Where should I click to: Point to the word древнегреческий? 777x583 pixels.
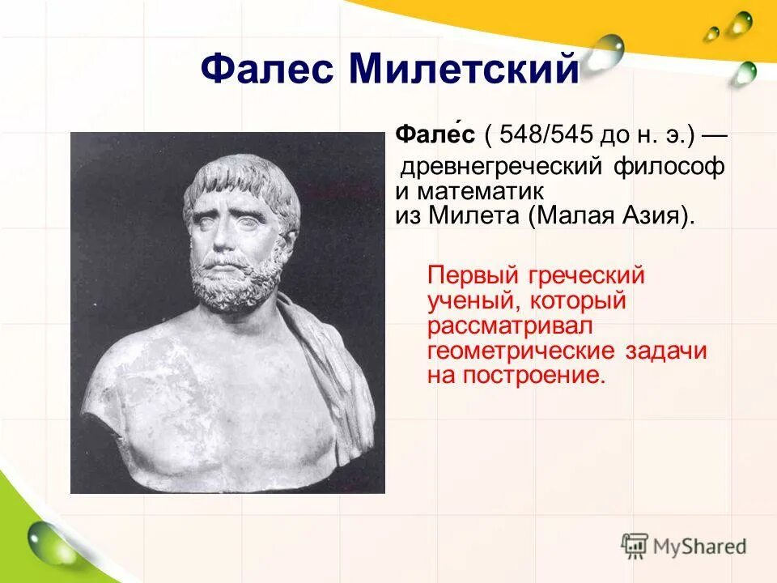[502, 167]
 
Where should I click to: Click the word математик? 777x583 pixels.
[478, 192]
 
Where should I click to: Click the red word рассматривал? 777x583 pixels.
[510, 326]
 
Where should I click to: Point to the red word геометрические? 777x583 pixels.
[520, 351]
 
